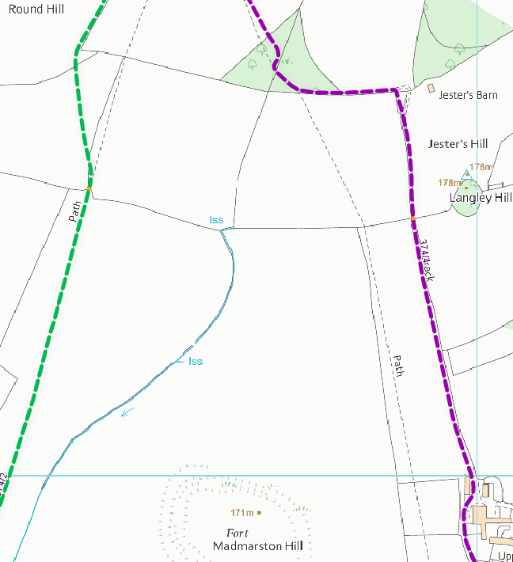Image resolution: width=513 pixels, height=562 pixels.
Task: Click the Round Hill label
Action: (x=36, y=9)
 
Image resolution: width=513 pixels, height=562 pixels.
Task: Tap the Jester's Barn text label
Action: (x=469, y=95)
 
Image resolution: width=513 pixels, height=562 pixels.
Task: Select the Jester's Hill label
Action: (x=458, y=144)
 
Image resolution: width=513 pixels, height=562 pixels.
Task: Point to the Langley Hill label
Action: (x=481, y=197)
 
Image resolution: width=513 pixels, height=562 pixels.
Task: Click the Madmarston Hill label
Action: (x=258, y=546)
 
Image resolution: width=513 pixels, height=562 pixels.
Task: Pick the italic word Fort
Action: (x=237, y=533)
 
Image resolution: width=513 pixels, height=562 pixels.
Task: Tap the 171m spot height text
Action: (x=241, y=513)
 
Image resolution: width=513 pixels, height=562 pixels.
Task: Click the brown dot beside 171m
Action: (x=259, y=513)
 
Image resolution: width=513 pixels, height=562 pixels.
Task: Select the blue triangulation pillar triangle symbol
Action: (x=466, y=174)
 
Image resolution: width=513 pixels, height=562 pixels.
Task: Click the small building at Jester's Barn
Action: (x=431, y=89)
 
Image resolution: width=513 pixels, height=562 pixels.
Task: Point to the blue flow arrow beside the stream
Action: (x=127, y=411)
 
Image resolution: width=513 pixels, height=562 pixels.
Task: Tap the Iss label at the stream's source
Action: (x=216, y=219)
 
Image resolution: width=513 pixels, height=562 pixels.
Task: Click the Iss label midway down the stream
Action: (x=196, y=361)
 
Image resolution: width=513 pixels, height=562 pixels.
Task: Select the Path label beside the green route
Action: (x=74, y=211)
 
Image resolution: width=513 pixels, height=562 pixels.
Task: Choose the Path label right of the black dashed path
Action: (x=399, y=365)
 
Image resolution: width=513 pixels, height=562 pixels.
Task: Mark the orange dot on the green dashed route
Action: (x=89, y=188)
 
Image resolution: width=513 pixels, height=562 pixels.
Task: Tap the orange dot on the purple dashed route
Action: (x=413, y=218)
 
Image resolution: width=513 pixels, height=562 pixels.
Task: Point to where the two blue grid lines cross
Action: (x=477, y=476)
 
